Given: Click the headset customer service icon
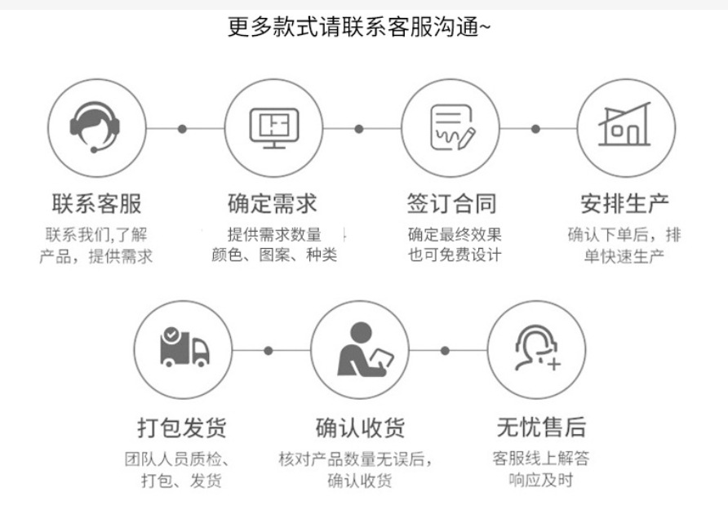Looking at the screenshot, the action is point(95,128).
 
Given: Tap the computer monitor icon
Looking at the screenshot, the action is point(273,128).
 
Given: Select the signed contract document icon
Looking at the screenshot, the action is point(451,128).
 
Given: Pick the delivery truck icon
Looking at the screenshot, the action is point(184,349).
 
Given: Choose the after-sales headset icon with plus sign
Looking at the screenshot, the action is point(536,349).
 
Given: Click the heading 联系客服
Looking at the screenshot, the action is point(95,203).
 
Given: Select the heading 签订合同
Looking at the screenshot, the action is point(451,203).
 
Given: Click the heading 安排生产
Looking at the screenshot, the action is point(625,203).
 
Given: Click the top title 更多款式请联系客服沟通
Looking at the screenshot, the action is point(359,27).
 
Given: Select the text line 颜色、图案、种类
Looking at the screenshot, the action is point(273,255).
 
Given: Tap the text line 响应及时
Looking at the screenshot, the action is point(540,480).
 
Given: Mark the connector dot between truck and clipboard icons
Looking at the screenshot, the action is point(268,351).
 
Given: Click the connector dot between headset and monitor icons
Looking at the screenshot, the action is point(182,128).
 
